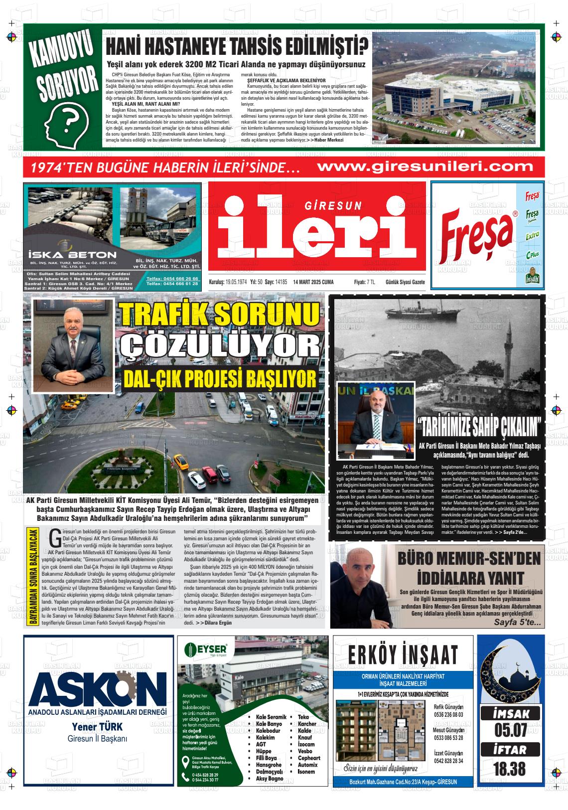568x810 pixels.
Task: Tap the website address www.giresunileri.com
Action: click(x=425, y=166)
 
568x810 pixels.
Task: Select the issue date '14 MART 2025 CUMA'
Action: click(x=313, y=282)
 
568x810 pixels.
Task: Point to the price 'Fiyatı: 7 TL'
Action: click(x=364, y=282)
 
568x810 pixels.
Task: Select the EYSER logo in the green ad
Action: click(x=206, y=649)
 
